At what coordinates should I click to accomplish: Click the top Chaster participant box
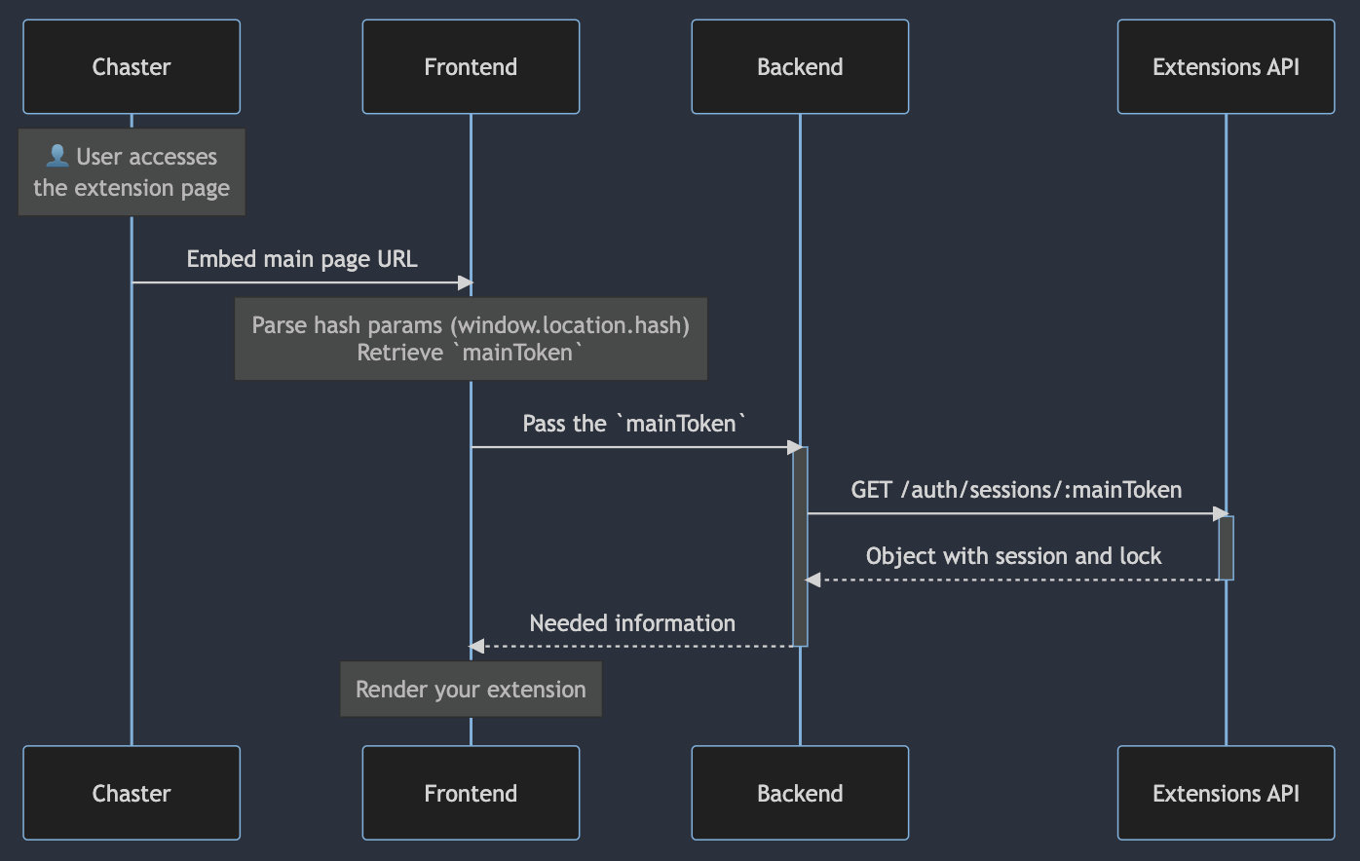coord(132,67)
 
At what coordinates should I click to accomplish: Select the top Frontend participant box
coord(471,67)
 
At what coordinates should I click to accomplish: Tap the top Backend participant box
coord(800,67)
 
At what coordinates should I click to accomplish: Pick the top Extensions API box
coord(1226,67)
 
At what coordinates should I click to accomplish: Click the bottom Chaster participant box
coord(132,793)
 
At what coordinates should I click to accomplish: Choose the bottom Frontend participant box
coord(471,793)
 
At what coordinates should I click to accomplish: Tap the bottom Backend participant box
coord(800,793)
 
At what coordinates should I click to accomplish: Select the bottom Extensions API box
coord(1226,793)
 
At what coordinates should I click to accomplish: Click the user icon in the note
coord(57,156)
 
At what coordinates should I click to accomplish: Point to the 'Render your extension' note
coord(471,690)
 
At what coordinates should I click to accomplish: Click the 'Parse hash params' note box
coord(471,339)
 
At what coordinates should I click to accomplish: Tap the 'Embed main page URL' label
coord(302,259)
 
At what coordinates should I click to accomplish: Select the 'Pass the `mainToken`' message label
coord(634,424)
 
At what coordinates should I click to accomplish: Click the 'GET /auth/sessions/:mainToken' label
coord(1016,490)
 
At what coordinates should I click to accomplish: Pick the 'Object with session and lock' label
coord(1013,556)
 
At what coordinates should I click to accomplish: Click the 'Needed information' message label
coord(632,623)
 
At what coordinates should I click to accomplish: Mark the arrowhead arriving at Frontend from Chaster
coord(465,283)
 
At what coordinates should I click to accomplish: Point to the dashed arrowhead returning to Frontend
coord(476,646)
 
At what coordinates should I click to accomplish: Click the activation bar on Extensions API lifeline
coord(1227,547)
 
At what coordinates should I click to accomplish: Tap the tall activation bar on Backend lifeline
coord(800,545)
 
